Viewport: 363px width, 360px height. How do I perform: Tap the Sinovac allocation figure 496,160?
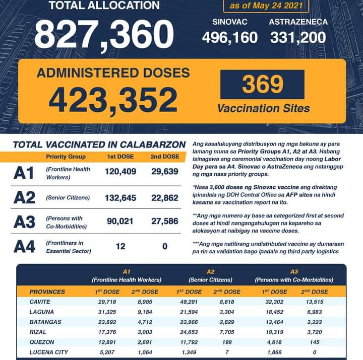[x=230, y=37]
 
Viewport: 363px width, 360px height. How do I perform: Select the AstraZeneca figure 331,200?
[x=298, y=37]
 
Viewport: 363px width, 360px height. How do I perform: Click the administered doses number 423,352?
[x=113, y=100]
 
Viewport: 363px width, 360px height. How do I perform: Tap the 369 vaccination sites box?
[x=262, y=85]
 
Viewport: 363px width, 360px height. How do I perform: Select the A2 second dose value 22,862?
[x=164, y=198]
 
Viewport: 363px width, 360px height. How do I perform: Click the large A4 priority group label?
[x=24, y=247]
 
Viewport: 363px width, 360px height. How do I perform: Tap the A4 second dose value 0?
[x=164, y=246]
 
